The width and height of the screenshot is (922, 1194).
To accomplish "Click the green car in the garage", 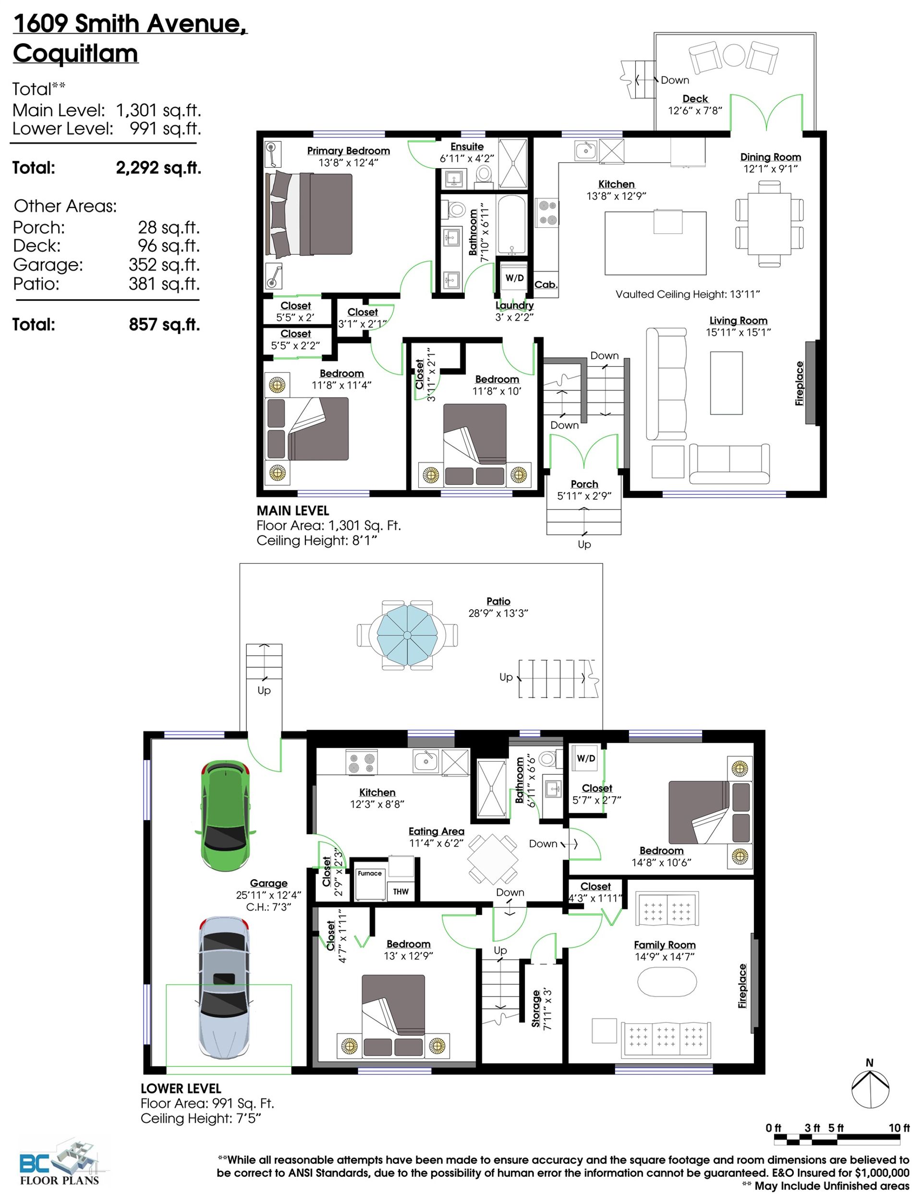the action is point(225,814).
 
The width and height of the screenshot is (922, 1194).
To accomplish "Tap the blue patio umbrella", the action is point(408,635).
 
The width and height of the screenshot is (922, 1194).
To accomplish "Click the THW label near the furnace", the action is point(400,892).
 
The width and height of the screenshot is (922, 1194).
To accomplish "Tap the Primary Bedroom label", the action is point(348,151).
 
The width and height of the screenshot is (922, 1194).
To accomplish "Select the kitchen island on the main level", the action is point(655,243).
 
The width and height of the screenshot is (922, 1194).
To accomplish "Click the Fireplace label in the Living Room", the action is point(800,383).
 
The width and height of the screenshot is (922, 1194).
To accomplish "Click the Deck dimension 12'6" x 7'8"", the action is point(695,111).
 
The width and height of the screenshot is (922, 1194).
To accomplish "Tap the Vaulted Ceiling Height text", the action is point(688,294).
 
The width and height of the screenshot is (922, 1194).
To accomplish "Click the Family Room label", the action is point(665,945).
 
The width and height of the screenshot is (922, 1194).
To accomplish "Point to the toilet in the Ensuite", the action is point(484,174).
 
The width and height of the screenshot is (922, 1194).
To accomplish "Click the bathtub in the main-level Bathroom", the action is point(511,225).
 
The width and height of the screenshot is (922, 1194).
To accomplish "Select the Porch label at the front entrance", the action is point(584,484).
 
